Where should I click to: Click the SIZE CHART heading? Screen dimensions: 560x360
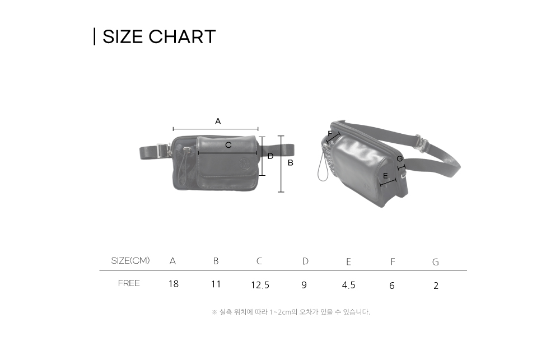tap(159, 36)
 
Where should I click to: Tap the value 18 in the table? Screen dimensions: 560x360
tap(173, 284)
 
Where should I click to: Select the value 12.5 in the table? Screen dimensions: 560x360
tap(260, 285)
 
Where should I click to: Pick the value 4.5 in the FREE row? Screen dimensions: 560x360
tap(348, 285)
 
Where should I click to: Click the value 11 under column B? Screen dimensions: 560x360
tap(216, 284)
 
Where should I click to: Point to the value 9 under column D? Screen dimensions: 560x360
tap(304, 285)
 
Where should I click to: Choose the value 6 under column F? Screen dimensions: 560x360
tap(392, 286)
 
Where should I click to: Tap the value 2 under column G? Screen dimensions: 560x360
tap(436, 286)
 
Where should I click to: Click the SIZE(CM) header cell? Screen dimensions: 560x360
tap(130, 261)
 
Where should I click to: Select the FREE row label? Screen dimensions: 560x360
tap(129, 283)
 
